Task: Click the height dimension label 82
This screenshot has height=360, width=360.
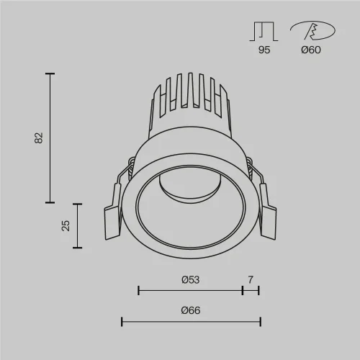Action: point(39,137)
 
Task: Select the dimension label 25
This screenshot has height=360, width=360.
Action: point(66,225)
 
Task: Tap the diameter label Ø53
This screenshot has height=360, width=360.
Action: point(190,279)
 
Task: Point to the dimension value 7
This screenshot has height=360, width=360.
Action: point(251,279)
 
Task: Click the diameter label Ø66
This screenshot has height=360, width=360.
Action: point(190,310)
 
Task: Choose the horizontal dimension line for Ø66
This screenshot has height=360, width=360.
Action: point(190,322)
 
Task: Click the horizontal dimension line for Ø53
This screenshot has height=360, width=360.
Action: point(190,291)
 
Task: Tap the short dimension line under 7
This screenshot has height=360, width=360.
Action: point(251,291)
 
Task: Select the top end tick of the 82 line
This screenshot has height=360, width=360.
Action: point(50,73)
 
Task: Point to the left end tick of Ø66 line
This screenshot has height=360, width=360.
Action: point(121,322)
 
